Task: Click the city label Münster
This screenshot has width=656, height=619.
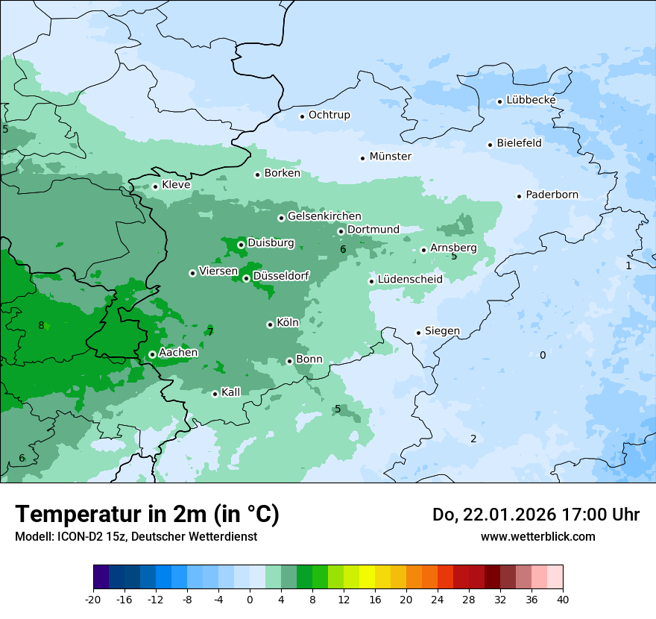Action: (390, 157)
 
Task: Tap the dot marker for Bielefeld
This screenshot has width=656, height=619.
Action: (491, 145)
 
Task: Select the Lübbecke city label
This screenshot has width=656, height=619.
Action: (531, 100)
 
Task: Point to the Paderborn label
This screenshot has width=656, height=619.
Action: (552, 195)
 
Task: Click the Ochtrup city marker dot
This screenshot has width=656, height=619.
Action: (303, 116)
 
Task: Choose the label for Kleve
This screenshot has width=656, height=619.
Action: (176, 185)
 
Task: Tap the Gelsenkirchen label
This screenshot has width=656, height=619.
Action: (324, 216)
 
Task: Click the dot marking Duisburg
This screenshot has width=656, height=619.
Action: (241, 245)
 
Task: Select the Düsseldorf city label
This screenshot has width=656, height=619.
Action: (281, 277)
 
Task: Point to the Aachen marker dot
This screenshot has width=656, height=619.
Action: (152, 354)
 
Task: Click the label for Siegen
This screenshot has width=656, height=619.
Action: (442, 331)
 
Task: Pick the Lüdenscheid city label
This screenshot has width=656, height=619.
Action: (410, 280)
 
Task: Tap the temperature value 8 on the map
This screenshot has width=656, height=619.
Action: (41, 325)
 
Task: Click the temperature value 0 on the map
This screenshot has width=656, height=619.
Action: (543, 355)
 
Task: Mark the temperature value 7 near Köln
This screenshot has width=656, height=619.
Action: (210, 332)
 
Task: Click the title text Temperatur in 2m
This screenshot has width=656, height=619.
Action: (147, 514)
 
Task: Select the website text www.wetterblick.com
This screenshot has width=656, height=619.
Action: (537, 536)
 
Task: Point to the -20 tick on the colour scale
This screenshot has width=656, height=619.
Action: (93, 599)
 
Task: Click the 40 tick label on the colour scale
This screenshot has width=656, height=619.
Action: (563, 599)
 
